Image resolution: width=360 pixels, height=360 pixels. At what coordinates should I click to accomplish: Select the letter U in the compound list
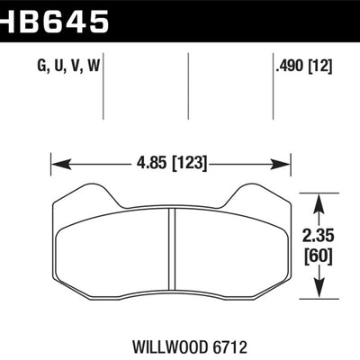(59, 67)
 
